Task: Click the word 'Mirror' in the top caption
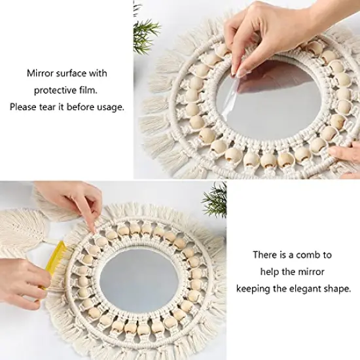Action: tap(40, 73)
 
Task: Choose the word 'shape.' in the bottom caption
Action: tap(336, 287)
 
